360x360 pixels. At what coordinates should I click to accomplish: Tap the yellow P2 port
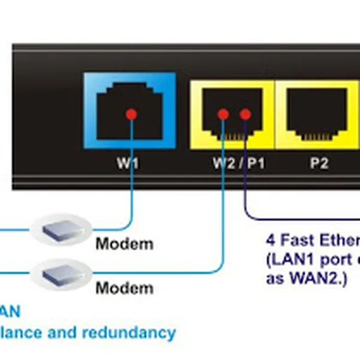click(x=318, y=111)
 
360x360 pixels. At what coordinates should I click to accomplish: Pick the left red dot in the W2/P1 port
click(x=223, y=113)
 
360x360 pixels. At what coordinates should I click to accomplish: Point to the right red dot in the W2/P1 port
click(x=245, y=113)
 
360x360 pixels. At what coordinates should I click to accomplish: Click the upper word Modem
click(x=124, y=244)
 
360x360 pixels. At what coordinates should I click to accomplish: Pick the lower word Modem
click(x=124, y=288)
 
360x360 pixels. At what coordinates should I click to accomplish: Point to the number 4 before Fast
click(x=271, y=241)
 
